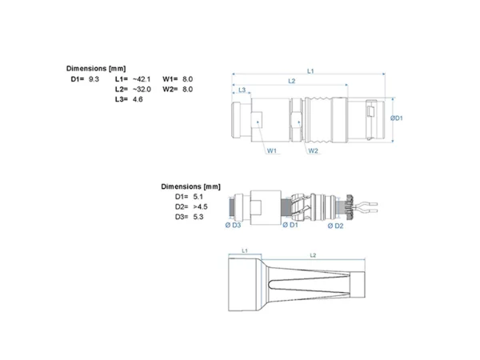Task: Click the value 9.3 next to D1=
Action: point(94,79)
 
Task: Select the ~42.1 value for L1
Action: point(142,79)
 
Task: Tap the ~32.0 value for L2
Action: point(142,90)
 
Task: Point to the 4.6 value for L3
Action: point(138,99)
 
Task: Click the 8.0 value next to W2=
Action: point(188,90)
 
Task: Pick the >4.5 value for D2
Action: point(200,207)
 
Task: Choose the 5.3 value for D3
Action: point(198,217)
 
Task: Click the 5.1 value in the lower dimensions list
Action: point(198,197)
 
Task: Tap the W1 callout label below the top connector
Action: point(272,150)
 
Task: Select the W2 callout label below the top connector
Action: point(313,150)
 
